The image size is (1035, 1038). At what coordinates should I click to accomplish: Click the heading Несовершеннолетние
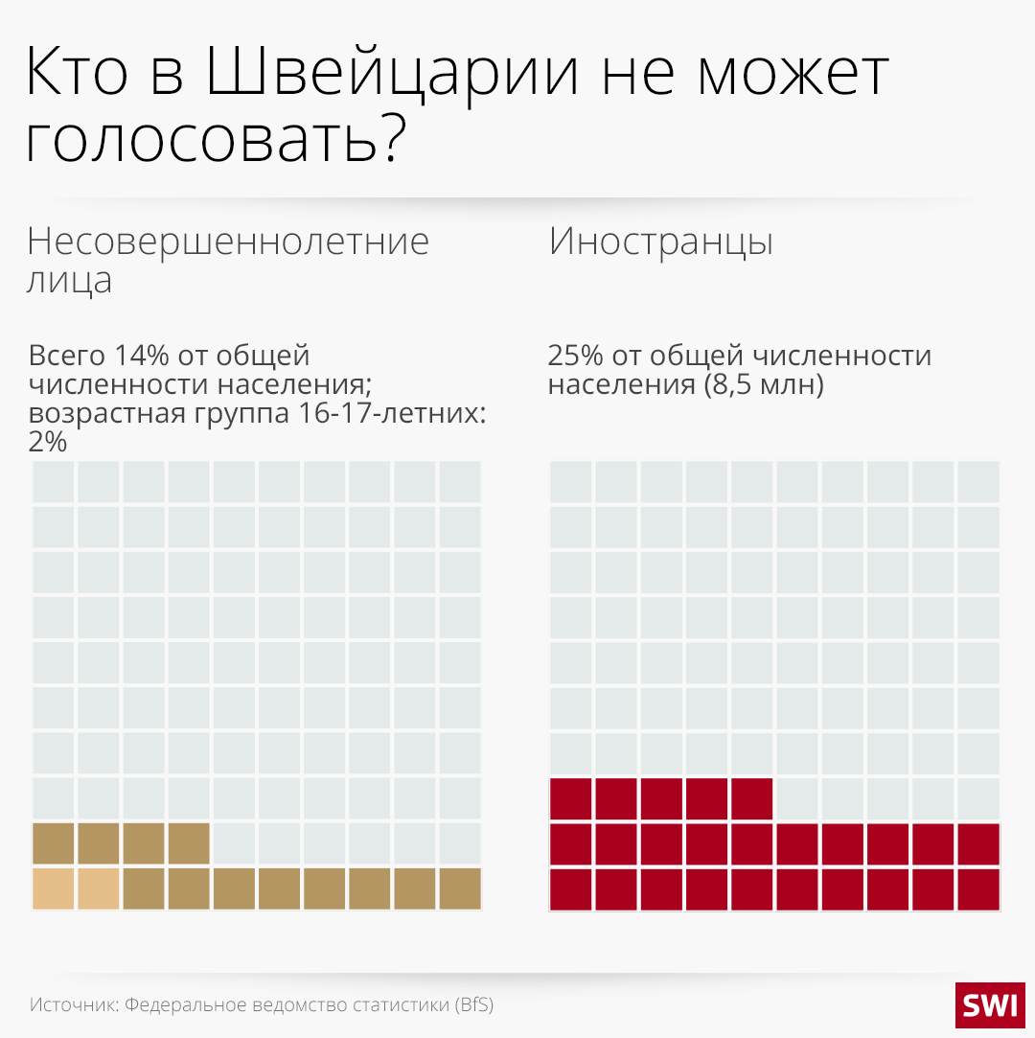coord(228,242)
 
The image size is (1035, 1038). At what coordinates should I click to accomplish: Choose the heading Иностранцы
coord(661,242)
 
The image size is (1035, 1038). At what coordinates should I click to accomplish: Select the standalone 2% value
coord(48,442)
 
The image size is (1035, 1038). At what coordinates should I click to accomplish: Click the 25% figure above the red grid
coord(575,356)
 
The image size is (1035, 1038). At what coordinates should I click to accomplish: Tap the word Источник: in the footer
coord(73,1005)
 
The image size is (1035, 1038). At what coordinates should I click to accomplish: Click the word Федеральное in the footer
coord(182,1005)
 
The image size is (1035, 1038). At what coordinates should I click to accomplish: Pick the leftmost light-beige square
coord(53,888)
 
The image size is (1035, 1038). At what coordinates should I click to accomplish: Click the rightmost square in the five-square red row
coord(751,797)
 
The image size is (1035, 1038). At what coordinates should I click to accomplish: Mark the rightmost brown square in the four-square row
coord(189,843)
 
